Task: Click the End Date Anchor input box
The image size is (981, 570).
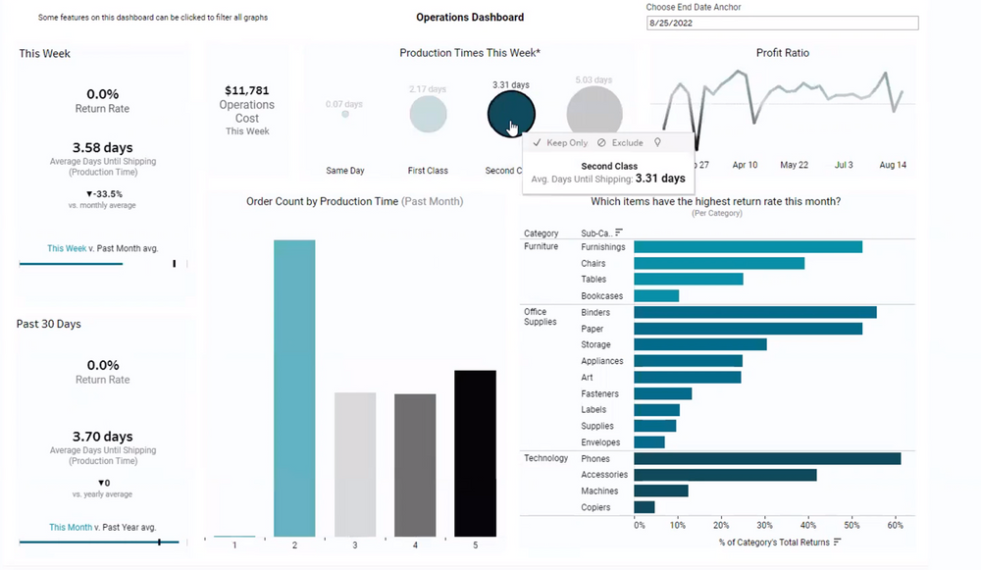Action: click(x=782, y=24)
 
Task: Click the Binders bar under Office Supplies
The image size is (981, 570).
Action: click(x=754, y=312)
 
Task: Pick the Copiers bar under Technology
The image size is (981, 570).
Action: click(x=645, y=507)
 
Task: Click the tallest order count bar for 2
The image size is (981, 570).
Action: click(x=294, y=388)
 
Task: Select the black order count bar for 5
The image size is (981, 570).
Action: click(x=475, y=453)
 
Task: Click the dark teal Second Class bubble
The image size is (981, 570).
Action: click(x=511, y=114)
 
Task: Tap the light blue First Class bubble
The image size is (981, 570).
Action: click(x=428, y=114)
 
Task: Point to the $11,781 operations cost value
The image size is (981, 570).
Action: click(x=246, y=90)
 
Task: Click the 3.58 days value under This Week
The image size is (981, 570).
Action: click(x=102, y=148)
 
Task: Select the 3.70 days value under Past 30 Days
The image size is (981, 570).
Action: click(x=102, y=437)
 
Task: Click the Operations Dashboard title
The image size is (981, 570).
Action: click(x=470, y=17)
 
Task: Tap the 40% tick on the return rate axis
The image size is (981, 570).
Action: click(x=806, y=525)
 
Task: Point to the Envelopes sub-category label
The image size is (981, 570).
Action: click(x=601, y=442)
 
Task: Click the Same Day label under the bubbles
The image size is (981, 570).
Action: click(x=344, y=171)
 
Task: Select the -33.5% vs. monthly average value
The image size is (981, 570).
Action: click(x=104, y=193)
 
